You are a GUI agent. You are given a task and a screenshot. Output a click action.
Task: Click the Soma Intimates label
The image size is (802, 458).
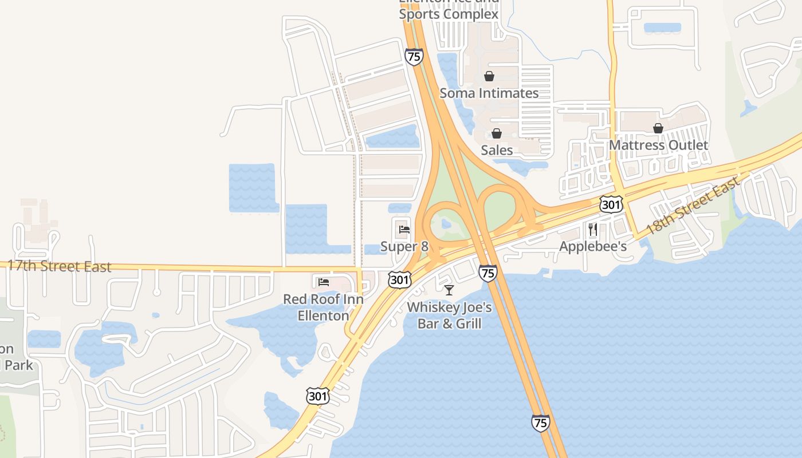(489, 93)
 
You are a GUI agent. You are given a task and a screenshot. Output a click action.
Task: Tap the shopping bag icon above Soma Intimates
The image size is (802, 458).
(489, 76)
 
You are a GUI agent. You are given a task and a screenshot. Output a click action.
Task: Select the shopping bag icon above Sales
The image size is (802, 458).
(496, 133)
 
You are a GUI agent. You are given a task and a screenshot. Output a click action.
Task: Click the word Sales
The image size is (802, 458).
(497, 150)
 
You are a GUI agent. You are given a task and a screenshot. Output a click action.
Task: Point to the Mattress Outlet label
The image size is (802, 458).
(658, 145)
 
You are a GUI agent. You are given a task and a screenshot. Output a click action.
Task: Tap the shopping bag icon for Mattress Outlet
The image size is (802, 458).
(658, 128)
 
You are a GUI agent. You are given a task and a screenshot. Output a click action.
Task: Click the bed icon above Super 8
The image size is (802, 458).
(404, 230)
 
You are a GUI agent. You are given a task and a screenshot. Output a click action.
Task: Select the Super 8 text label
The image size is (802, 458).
(404, 247)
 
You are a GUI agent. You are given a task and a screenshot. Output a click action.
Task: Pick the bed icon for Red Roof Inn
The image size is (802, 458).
(324, 282)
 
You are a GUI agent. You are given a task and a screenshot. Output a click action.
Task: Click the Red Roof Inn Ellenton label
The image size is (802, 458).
(324, 307)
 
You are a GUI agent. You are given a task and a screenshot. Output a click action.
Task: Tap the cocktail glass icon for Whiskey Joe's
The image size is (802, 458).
(449, 290)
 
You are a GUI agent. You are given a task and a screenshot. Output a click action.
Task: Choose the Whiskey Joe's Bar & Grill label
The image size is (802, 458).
(449, 315)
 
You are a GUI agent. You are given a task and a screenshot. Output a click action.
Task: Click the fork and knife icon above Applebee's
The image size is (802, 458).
(593, 230)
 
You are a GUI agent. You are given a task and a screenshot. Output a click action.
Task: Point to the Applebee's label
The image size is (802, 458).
(593, 246)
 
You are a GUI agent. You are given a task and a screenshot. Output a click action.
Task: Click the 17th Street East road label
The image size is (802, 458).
(59, 266)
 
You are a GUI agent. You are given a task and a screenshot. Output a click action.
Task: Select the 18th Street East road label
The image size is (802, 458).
(692, 207)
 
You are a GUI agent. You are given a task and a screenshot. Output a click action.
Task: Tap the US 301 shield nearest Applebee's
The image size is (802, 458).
(612, 204)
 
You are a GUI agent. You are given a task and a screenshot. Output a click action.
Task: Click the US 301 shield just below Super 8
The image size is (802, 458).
(399, 279)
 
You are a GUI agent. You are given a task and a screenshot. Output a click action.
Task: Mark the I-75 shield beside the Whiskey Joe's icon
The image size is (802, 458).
(488, 273)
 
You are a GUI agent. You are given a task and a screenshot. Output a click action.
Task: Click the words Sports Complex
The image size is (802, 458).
(449, 14)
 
